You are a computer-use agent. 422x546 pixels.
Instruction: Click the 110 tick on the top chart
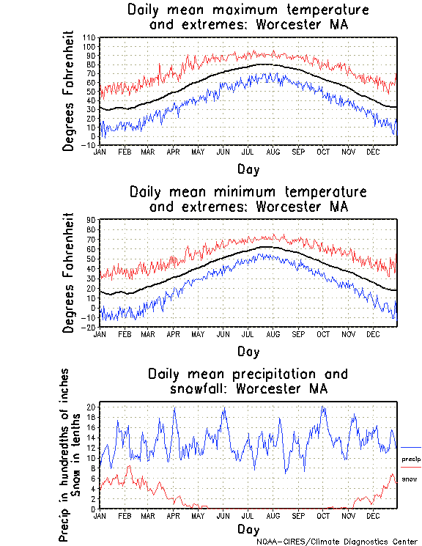[x=90, y=37]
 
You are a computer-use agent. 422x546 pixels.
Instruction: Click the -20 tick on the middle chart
[x=90, y=328]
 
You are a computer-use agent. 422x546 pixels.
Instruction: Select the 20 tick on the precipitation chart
[x=91, y=406]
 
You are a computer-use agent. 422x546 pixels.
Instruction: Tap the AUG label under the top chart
[x=273, y=152]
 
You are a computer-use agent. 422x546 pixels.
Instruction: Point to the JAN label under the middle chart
[x=100, y=333]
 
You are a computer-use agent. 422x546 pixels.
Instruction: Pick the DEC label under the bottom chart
[x=371, y=515]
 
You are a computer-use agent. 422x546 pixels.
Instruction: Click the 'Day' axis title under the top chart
[x=248, y=169]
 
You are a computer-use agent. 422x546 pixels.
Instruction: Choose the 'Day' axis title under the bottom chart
[x=248, y=528]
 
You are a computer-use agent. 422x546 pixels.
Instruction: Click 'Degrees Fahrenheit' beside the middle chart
[x=69, y=273]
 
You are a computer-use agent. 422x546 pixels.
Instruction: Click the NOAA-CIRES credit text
[x=338, y=542]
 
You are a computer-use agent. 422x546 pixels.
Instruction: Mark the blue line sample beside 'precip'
[x=411, y=447]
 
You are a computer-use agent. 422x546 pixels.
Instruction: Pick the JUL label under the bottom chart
[x=248, y=515]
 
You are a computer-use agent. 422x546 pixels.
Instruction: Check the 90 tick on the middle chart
[x=92, y=220]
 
